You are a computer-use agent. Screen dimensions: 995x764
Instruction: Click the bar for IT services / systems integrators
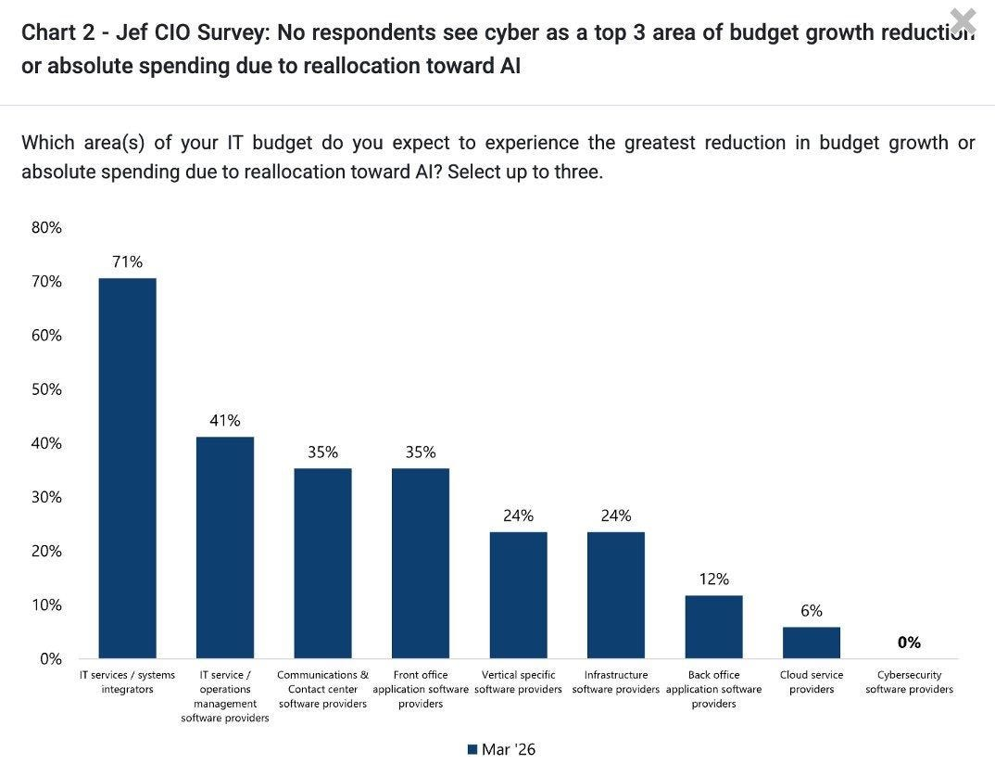tap(127, 468)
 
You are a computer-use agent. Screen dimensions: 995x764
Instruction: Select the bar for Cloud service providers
tap(811, 643)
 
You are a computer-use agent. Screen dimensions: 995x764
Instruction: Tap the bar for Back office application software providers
tap(713, 627)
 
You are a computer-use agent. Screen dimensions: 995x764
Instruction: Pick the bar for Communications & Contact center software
tap(322, 564)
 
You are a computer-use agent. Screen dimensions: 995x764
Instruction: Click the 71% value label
tap(128, 261)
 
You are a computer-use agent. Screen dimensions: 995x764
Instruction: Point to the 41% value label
tap(225, 420)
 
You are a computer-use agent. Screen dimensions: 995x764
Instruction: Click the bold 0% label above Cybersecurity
tap(909, 643)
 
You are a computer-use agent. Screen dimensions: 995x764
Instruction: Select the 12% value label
tap(714, 579)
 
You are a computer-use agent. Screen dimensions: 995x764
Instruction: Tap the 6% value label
tap(812, 611)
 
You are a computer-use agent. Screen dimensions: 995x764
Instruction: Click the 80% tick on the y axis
tap(46, 227)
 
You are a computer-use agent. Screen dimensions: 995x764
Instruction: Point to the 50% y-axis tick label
tap(46, 389)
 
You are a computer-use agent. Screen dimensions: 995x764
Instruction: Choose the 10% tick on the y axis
tap(46, 605)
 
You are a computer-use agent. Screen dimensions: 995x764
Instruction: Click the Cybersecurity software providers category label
tap(910, 682)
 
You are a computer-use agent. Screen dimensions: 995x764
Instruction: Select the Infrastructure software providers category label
tap(615, 682)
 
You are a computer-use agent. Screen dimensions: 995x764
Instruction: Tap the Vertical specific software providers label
tap(519, 682)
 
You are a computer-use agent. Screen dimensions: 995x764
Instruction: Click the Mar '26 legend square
tap(472, 749)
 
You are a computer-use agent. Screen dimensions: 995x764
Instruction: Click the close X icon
tap(964, 21)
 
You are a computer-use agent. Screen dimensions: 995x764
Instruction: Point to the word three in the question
tap(579, 172)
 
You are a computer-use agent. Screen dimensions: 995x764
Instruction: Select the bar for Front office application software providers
tap(420, 564)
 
